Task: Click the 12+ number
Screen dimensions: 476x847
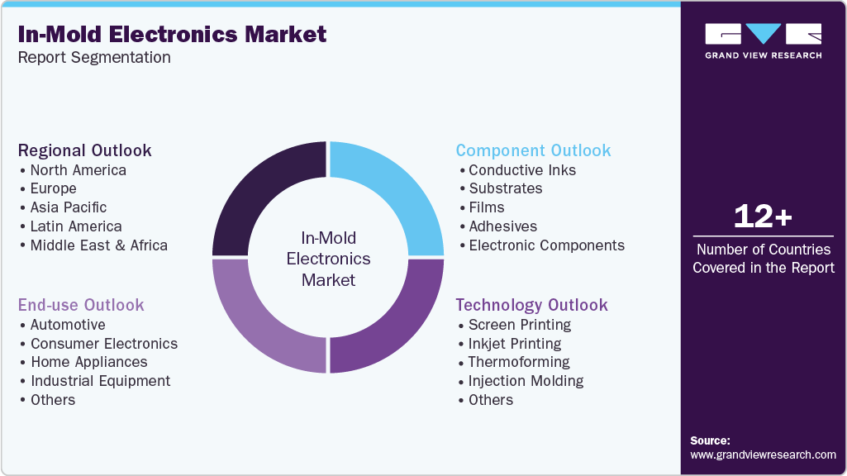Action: [763, 217]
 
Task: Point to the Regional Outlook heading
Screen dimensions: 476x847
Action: [85, 150]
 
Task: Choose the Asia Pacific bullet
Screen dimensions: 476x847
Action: [68, 207]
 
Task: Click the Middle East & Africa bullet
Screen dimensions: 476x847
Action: [98, 245]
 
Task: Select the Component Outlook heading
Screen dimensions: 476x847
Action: [533, 150]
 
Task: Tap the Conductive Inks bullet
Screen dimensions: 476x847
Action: [521, 170]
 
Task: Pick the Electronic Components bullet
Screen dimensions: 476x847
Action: [546, 245]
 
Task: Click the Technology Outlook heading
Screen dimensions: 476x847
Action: [531, 305]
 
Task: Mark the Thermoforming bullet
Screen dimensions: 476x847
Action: [518, 362]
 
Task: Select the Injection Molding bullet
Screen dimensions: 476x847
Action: [526, 381]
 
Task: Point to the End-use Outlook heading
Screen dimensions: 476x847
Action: [81, 305]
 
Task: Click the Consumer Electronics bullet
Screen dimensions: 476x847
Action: [103, 344]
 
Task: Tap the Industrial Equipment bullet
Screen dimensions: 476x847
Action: [100, 381]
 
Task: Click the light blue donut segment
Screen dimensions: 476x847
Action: [393, 190]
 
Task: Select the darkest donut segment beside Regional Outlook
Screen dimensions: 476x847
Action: [263, 190]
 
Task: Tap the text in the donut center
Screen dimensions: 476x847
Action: [328, 259]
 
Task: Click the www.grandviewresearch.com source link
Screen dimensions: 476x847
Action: [763, 455]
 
